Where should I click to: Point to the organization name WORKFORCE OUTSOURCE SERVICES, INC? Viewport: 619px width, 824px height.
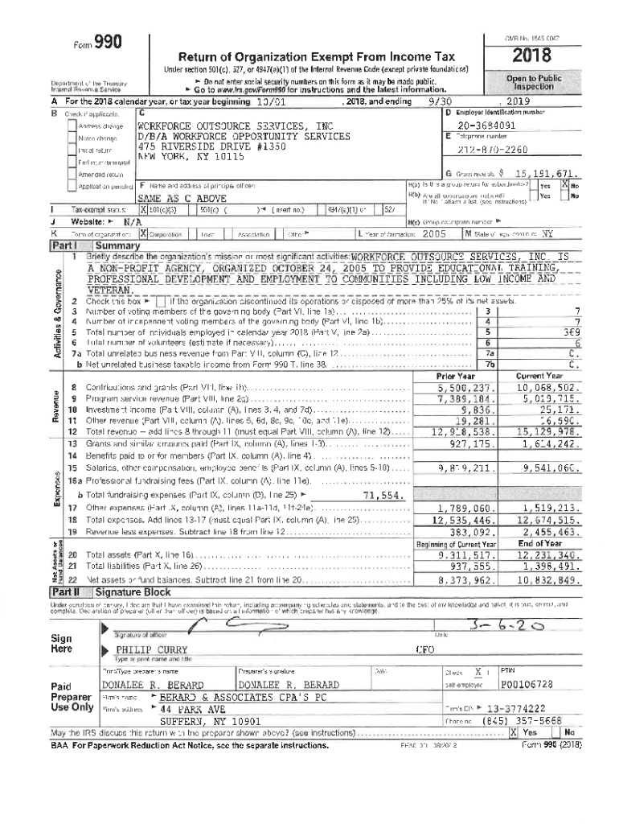(235, 126)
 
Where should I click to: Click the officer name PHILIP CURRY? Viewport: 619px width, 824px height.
(149, 649)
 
